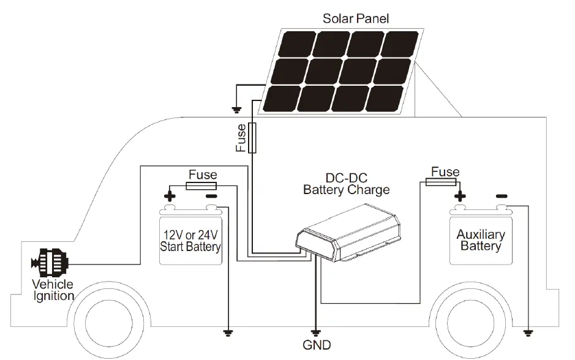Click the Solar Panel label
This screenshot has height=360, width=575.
click(355, 18)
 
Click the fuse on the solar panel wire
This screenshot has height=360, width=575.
click(252, 138)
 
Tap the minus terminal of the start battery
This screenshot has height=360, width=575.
click(211, 197)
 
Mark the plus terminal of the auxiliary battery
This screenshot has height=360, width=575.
click(459, 197)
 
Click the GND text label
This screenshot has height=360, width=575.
click(316, 344)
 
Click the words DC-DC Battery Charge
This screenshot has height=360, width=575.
click(346, 184)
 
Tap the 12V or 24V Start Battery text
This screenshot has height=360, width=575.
click(190, 241)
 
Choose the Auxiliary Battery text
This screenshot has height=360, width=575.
click(481, 240)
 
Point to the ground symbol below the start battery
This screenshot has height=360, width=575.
click(228, 333)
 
